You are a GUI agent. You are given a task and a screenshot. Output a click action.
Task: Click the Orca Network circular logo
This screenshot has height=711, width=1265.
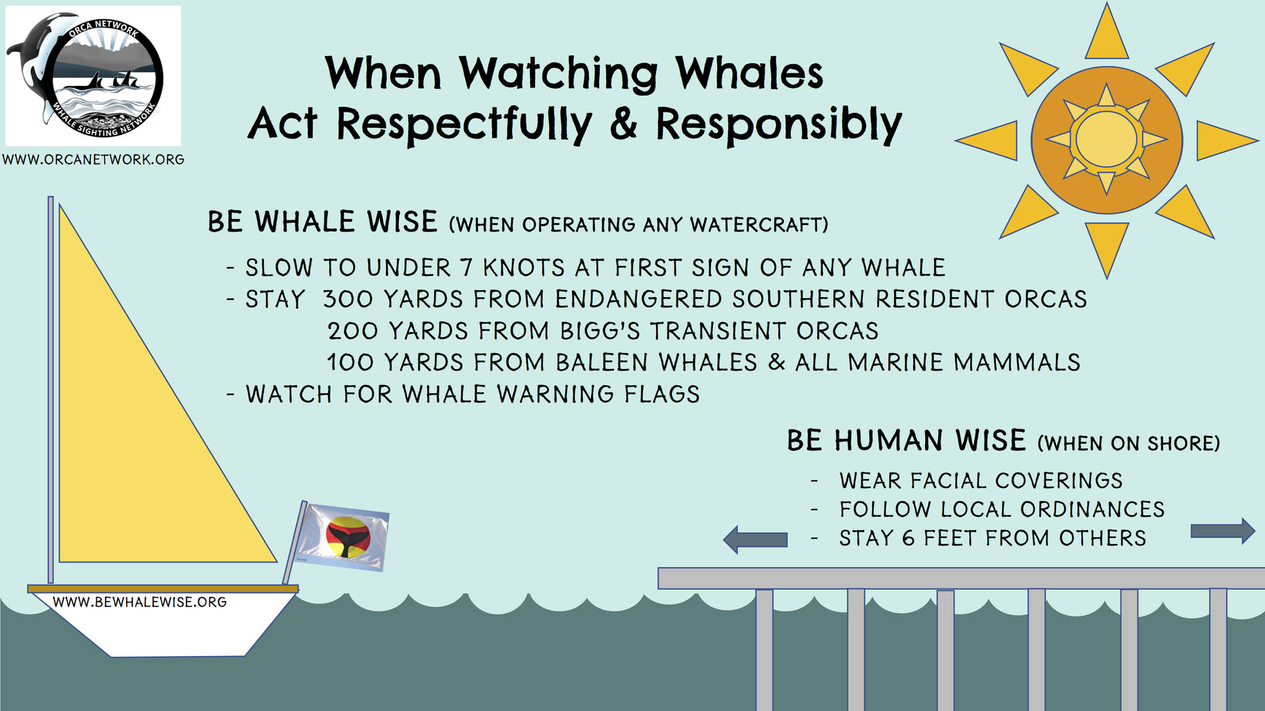(x=93, y=76)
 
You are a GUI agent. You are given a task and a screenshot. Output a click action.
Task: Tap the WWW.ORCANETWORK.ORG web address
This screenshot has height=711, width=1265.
(x=93, y=159)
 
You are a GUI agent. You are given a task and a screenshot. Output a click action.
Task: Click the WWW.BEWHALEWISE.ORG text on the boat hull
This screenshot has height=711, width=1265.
(x=140, y=602)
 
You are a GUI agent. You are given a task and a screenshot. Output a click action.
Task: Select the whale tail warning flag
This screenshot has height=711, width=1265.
(x=343, y=537)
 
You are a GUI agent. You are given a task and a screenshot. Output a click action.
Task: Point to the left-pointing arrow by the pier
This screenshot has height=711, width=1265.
(x=755, y=539)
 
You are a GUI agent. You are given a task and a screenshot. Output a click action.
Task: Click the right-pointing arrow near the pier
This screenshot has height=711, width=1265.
(x=1223, y=531)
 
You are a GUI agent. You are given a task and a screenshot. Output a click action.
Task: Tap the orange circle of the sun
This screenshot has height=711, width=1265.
(x=1106, y=140)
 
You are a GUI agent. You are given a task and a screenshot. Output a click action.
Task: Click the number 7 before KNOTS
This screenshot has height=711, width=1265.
(x=468, y=268)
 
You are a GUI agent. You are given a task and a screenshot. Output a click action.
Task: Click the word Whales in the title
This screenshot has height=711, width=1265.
(x=749, y=74)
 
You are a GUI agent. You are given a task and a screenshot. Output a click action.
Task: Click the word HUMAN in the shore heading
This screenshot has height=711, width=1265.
(x=889, y=441)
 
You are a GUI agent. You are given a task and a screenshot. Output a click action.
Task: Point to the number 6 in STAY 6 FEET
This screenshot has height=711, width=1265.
(x=908, y=538)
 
